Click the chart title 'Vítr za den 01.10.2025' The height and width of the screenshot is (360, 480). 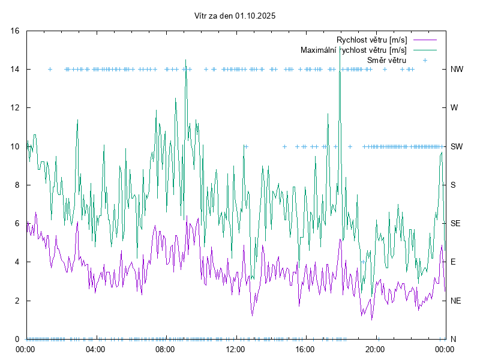point(235,16)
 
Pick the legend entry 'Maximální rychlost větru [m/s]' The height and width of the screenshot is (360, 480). point(353,50)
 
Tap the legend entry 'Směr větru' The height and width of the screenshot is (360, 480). point(386,60)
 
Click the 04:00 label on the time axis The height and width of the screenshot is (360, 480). point(95,349)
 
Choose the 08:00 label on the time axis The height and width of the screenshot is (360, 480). point(165,349)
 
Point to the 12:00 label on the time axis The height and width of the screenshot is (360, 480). point(235,349)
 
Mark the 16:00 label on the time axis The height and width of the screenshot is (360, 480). point(305,349)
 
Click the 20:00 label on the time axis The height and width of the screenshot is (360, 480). point(376,349)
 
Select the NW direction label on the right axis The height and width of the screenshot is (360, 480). point(457,69)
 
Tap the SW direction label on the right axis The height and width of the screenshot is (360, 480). point(457,146)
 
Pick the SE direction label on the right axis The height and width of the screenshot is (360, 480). point(455,223)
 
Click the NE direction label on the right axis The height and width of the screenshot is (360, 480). point(455,301)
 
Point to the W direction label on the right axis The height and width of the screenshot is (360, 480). point(454,108)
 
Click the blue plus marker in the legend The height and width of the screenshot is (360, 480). point(425,60)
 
